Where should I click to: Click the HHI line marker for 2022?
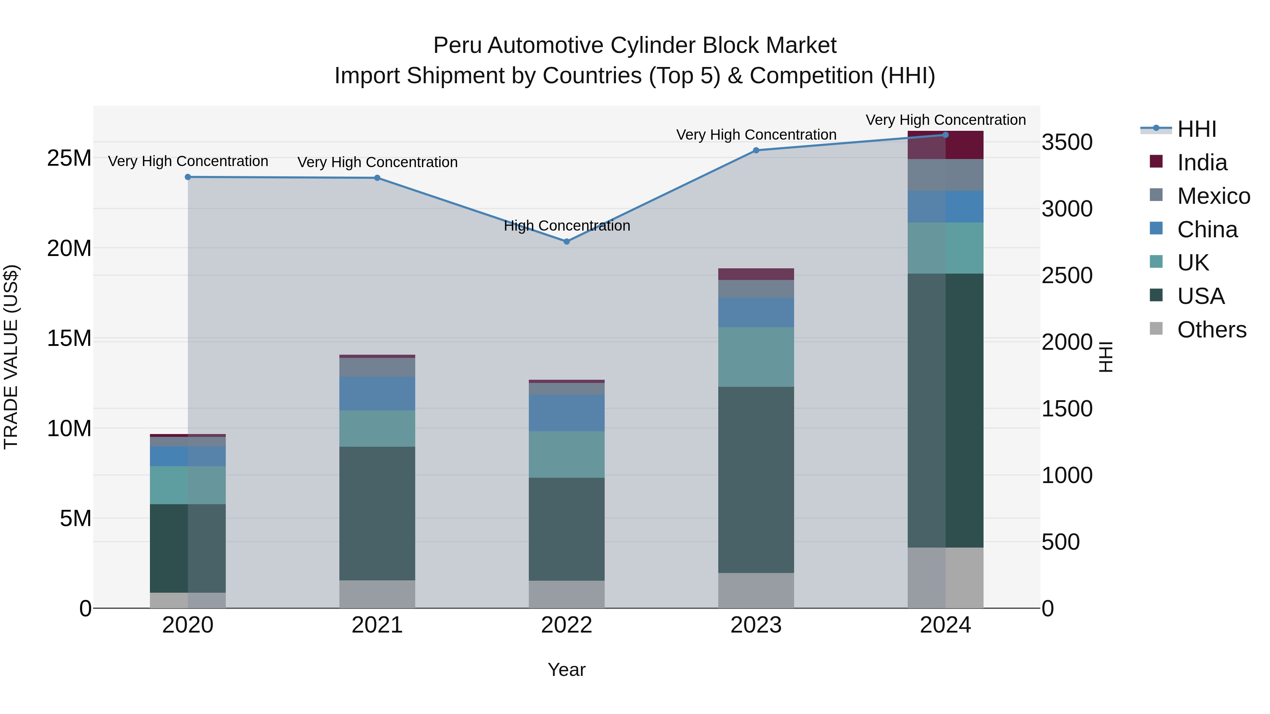[x=567, y=242]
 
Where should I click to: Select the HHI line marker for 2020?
[x=188, y=177]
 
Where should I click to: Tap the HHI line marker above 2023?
[x=756, y=150]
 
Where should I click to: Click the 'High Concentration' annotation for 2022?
[x=567, y=226]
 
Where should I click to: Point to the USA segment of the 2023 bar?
[x=756, y=480]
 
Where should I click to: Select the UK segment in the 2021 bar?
[x=377, y=428]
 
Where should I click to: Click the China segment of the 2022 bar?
[x=567, y=413]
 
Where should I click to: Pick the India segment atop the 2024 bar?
[x=945, y=145]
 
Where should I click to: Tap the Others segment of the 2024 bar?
[x=945, y=578]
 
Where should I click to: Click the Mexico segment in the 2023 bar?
[x=756, y=289]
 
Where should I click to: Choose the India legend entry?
[x=1202, y=163]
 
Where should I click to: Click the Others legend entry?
[x=1211, y=330]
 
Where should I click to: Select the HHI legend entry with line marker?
[x=1197, y=129]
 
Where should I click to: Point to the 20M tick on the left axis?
[x=69, y=248]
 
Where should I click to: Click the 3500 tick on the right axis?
[x=1067, y=142]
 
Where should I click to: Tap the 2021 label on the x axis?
[x=377, y=625]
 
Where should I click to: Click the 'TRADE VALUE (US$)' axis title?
[x=11, y=357]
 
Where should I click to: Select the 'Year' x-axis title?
[x=567, y=670]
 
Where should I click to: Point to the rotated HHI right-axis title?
[x=1106, y=357]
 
